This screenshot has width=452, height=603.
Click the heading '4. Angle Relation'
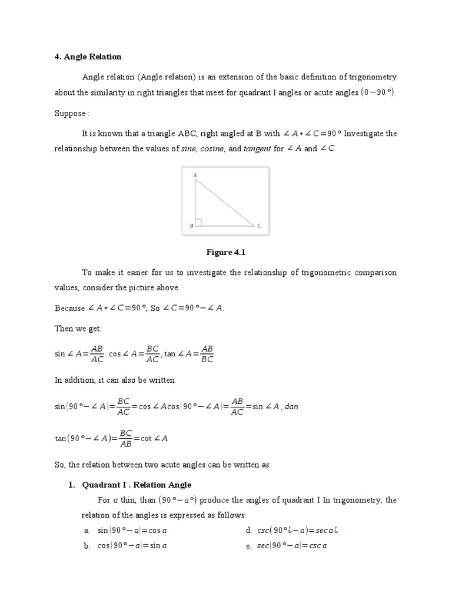click(88, 57)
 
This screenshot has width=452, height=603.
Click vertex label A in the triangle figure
click(195, 175)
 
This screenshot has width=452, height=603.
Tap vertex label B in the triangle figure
click(191, 226)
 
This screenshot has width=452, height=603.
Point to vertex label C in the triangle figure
click(259, 226)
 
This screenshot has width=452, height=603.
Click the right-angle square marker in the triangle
click(199, 222)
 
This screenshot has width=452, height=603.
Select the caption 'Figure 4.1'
click(225, 253)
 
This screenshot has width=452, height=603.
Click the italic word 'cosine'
click(212, 149)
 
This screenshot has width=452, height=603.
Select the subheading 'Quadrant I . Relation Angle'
click(137, 485)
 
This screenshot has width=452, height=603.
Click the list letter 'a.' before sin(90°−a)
click(87, 531)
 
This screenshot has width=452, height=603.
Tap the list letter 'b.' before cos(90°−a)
click(87, 546)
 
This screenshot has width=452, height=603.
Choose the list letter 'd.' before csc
click(249, 531)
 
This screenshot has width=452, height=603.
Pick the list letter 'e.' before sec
click(249, 546)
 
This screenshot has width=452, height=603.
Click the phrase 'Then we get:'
click(78, 329)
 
